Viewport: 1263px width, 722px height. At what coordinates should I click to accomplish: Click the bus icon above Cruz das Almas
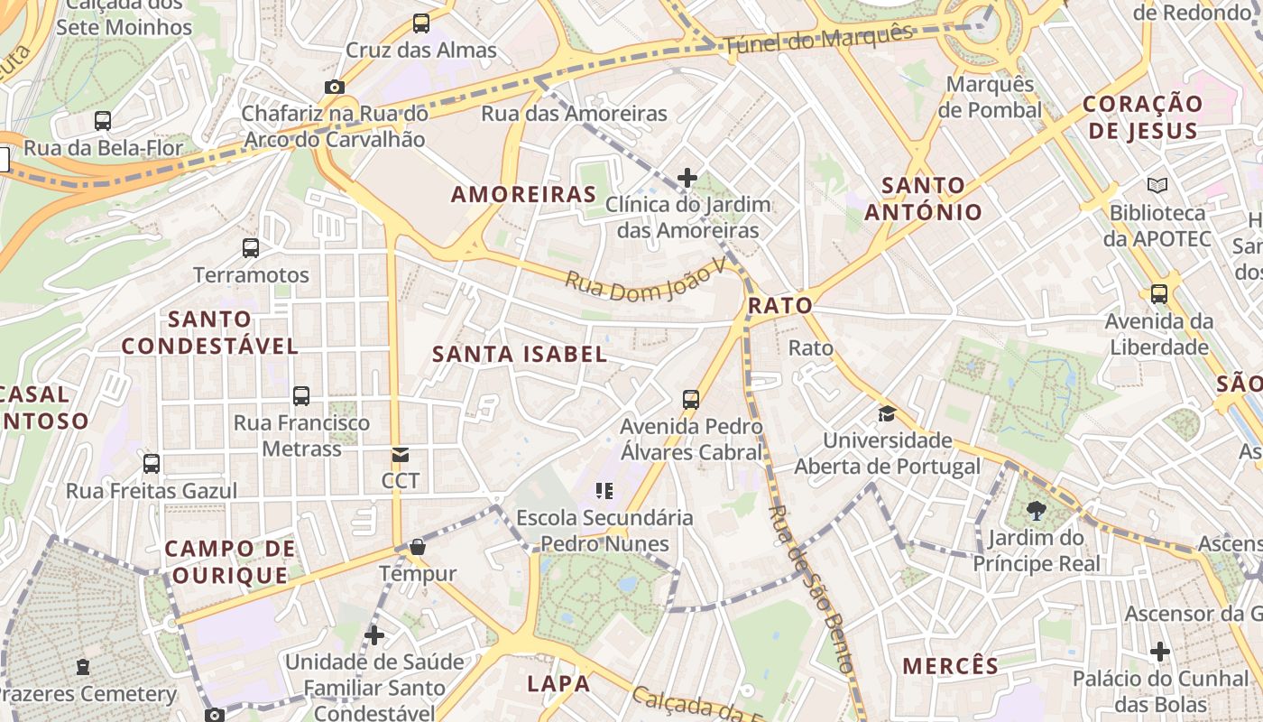[421, 23]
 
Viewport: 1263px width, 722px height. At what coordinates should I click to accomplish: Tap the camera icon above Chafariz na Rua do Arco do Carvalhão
[335, 87]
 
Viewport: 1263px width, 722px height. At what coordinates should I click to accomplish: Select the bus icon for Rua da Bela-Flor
[103, 120]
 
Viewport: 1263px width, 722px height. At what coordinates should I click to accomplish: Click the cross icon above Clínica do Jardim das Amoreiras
[687, 177]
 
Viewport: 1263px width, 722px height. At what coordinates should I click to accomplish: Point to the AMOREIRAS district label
[524, 194]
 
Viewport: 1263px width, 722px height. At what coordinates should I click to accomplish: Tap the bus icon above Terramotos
[251, 247]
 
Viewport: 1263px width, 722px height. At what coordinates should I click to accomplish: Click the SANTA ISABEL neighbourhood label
[520, 354]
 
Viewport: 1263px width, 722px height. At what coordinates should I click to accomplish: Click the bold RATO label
[780, 306]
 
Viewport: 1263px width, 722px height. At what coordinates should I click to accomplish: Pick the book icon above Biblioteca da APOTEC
[1157, 185]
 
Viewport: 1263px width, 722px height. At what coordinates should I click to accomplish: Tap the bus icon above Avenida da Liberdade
[1159, 293]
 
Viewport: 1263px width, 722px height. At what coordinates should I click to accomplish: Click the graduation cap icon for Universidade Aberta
[888, 413]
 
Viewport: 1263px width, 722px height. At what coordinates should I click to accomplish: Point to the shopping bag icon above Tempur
[418, 546]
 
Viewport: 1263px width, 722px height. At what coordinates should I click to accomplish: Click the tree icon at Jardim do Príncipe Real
[1037, 511]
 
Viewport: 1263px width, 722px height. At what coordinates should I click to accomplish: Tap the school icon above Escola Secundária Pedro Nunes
[604, 491]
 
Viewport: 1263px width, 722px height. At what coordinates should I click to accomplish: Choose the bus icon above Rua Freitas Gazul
[152, 464]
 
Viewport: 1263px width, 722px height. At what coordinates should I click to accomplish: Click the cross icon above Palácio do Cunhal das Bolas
[1160, 651]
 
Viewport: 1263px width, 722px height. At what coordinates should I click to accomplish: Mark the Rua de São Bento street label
[810, 589]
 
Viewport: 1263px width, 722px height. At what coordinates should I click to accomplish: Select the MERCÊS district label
[951, 666]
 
